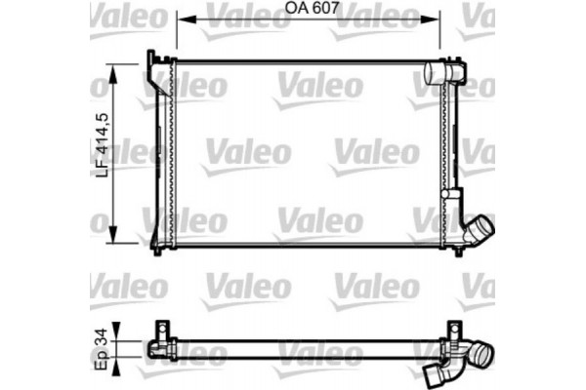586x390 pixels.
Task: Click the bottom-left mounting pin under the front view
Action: point(159,253)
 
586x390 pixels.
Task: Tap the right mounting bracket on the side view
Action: point(451,333)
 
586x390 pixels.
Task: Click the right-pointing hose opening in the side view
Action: point(484,347)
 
